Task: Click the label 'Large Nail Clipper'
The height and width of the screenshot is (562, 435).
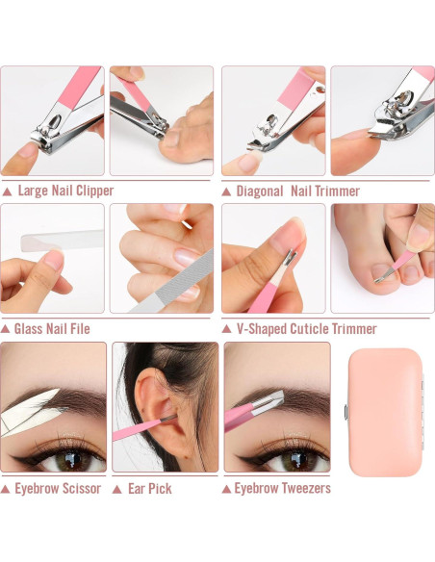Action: pos(65,191)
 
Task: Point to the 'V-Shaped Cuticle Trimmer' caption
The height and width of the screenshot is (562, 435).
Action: pos(306,328)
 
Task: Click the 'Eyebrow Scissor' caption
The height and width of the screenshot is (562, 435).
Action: pos(58,488)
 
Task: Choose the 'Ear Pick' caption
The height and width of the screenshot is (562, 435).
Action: pos(149,488)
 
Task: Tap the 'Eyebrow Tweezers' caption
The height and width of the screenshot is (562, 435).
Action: pos(282,488)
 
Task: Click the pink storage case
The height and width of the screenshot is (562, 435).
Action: pos(385,411)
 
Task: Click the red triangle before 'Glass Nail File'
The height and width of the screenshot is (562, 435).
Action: pos(7,329)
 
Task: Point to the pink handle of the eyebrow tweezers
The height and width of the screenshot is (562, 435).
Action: pos(241,415)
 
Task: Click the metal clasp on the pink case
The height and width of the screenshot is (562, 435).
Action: pos(345,413)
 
